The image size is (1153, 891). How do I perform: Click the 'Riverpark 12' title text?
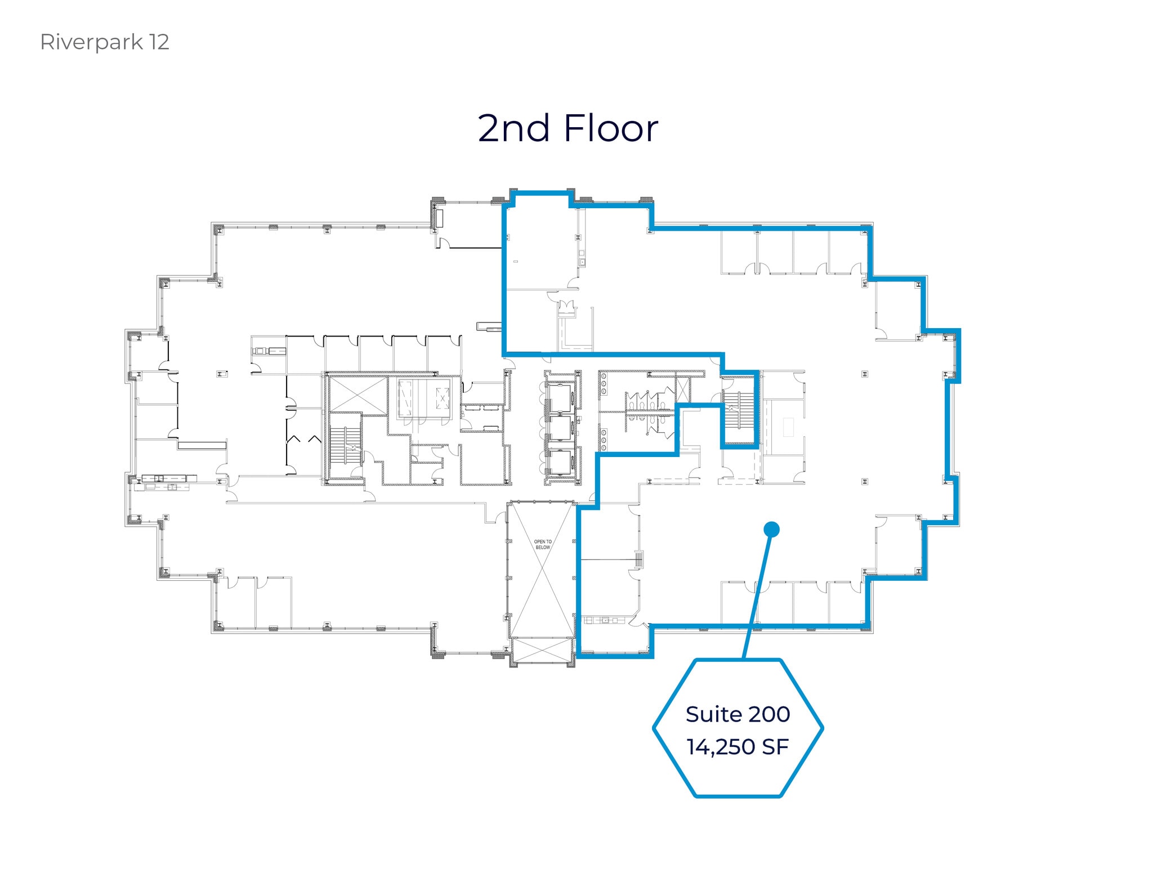coord(105,42)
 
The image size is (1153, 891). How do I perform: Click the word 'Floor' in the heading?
coord(610,128)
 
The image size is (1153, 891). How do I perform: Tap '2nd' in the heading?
coord(513,128)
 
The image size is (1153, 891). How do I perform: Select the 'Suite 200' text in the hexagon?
coord(738,714)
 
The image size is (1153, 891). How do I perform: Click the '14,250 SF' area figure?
coord(738,747)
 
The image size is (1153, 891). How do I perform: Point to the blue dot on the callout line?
coord(771,529)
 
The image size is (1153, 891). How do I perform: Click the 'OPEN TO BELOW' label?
coord(543,544)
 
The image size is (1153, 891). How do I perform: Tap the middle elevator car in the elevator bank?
coord(561,428)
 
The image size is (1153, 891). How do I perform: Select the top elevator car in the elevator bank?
coord(561,397)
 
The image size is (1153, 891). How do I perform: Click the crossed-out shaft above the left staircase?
coord(358,396)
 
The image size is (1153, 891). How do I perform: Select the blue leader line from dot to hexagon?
coord(758,594)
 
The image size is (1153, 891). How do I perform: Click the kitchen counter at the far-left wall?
coord(168,479)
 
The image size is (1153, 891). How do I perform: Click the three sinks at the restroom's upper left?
coord(604,384)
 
